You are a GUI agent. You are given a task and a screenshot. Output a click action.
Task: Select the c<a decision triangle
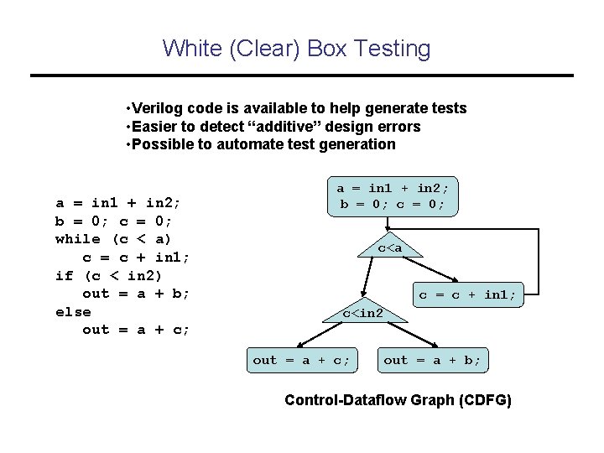tap(390, 247)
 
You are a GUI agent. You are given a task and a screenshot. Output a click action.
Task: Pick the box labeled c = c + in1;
tap(468, 294)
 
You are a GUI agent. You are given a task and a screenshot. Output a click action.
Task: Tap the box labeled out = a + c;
tap(302, 360)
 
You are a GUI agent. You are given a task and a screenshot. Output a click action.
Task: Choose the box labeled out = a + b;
tap(433, 360)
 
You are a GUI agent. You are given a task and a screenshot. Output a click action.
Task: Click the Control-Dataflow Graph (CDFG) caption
tap(398, 400)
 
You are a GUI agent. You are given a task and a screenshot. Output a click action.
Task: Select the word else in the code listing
tap(73, 311)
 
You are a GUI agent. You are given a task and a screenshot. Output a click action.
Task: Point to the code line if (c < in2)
tap(109, 275)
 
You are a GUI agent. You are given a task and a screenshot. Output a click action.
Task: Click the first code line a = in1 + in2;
tap(118, 202)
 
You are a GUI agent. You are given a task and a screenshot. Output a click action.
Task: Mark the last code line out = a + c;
tap(136, 330)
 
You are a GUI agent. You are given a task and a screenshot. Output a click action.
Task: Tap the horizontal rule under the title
tap(302, 76)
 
